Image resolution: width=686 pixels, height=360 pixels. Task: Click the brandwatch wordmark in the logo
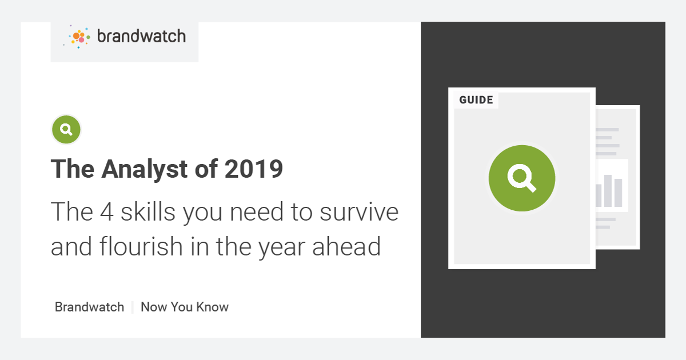[141, 37]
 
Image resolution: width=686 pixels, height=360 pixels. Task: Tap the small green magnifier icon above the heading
[66, 130]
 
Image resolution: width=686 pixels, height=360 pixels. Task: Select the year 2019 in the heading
[254, 169]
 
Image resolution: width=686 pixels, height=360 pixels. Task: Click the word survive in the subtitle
[358, 212]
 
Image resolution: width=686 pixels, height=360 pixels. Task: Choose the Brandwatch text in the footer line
[89, 307]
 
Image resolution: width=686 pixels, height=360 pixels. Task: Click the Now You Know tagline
[185, 307]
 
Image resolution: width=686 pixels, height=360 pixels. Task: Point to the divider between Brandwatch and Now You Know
[133, 307]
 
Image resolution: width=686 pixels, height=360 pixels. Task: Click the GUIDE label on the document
[476, 100]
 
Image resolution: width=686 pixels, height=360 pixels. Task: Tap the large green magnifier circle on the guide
[521, 178]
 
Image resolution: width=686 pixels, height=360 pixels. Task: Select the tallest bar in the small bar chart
[608, 190]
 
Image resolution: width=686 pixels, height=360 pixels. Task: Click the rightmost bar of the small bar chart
[618, 193]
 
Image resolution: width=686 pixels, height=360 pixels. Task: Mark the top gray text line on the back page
[607, 130]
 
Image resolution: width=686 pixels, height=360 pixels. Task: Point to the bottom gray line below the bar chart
[603, 227]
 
